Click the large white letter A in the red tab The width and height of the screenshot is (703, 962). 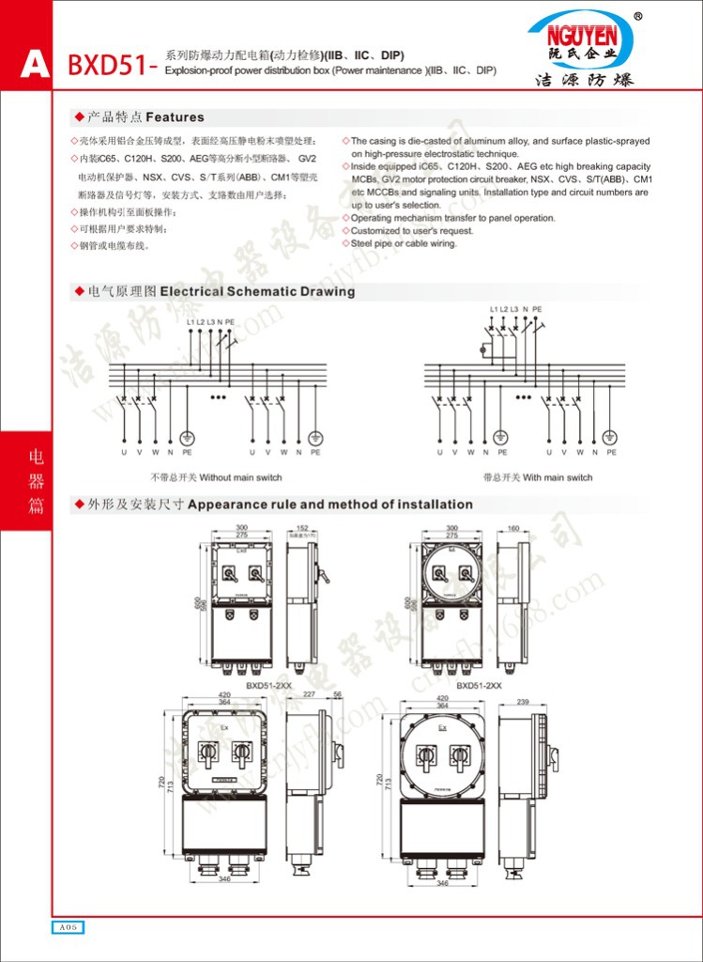pyautogui.click(x=35, y=65)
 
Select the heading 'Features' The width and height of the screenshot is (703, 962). pyautogui.click(x=175, y=117)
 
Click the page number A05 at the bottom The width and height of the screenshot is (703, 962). pyautogui.click(x=69, y=927)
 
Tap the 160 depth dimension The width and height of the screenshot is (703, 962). pyautogui.click(x=512, y=529)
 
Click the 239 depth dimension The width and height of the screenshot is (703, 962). pyautogui.click(x=524, y=703)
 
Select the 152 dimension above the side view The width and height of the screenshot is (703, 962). pyautogui.click(x=302, y=529)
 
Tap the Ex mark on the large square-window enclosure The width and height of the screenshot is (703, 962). pyautogui.click(x=223, y=728)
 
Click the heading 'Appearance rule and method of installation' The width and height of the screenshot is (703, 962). pyautogui.click(x=329, y=504)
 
